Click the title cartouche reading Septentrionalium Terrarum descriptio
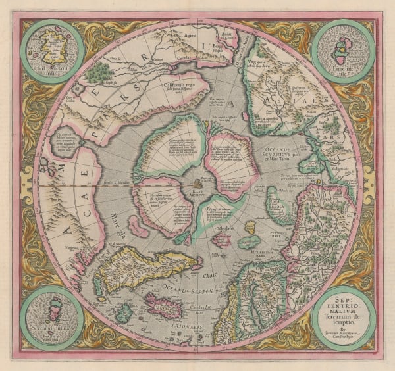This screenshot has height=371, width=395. tap(342, 314)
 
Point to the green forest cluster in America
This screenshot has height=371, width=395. tap(100, 68)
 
